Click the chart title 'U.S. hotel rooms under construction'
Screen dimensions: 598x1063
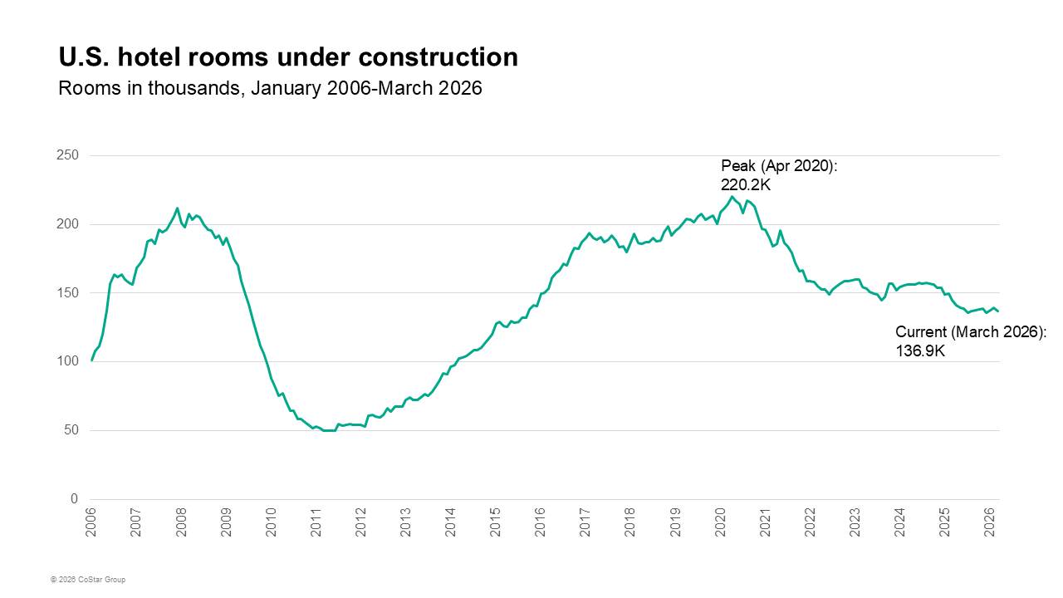click(288, 56)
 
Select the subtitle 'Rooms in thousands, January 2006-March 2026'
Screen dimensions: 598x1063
click(270, 88)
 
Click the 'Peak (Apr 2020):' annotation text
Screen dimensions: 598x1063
click(779, 166)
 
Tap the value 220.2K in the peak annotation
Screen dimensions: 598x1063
click(746, 185)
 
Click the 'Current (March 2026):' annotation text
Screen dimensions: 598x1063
click(971, 332)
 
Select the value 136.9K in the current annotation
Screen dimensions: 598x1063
click(920, 351)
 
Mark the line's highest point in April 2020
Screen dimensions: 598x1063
click(732, 196)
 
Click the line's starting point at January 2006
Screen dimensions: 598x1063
click(91, 360)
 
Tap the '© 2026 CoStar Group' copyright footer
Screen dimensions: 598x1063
click(87, 579)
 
